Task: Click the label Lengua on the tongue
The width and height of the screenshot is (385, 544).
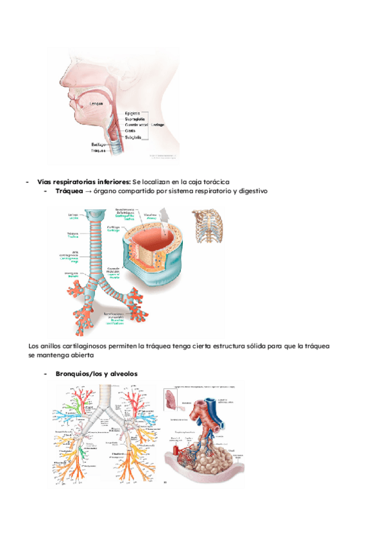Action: [x=96, y=103]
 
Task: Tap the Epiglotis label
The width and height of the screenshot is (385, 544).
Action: [x=133, y=113]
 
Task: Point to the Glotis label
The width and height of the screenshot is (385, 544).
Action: [x=130, y=131]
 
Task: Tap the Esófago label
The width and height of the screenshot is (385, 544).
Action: [x=98, y=145]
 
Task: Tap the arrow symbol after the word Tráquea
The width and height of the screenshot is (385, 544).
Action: [x=88, y=191]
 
